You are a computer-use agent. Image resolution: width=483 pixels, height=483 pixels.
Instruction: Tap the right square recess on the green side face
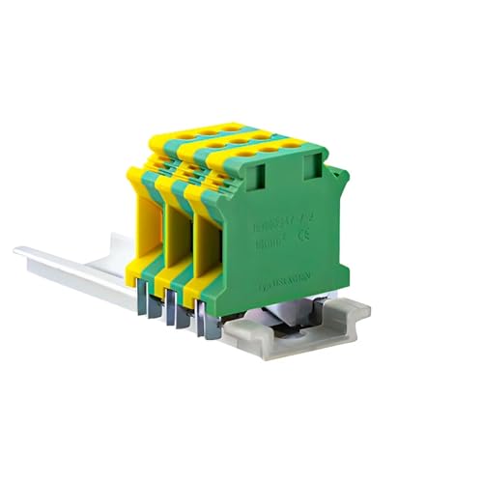pos(312,169)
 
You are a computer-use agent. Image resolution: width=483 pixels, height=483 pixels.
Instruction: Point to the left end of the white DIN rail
pos(21,253)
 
